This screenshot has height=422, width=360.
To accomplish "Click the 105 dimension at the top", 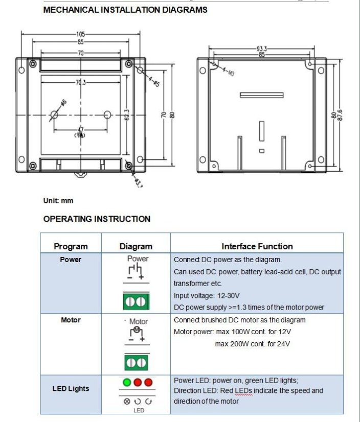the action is coord(81,34).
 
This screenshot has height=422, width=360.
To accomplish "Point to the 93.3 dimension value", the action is coord(262,49).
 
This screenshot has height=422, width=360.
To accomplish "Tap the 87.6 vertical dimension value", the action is coord(340,115).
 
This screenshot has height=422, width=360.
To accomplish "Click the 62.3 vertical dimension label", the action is coord(127,115).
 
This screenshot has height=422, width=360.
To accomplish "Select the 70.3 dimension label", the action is coord(81,82).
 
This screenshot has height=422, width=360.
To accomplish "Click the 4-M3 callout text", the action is coord(228,72).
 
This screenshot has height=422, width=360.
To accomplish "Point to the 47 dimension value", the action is coord(81,130).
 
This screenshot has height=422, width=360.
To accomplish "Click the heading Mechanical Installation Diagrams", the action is coord(125,10).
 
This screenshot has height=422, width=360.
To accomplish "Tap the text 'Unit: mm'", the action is coord(58,201).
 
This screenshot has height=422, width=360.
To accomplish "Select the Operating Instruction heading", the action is coord(97,219).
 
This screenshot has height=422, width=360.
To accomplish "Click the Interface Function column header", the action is coord(257,247).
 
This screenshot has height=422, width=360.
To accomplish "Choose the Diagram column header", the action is coord(136,247).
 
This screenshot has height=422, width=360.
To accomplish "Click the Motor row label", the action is coord(71,320).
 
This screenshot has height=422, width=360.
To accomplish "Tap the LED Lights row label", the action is coord(71,389).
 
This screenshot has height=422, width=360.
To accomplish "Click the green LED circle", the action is coord(127,382).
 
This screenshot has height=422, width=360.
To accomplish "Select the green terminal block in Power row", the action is coord(136,301).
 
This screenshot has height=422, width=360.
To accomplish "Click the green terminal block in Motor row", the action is coord(136,363).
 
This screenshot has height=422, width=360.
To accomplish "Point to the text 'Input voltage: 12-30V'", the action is coord(207,296).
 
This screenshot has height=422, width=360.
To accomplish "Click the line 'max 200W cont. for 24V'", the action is coord(253,344).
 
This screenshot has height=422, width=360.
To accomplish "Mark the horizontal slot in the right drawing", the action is coord(262,95).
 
